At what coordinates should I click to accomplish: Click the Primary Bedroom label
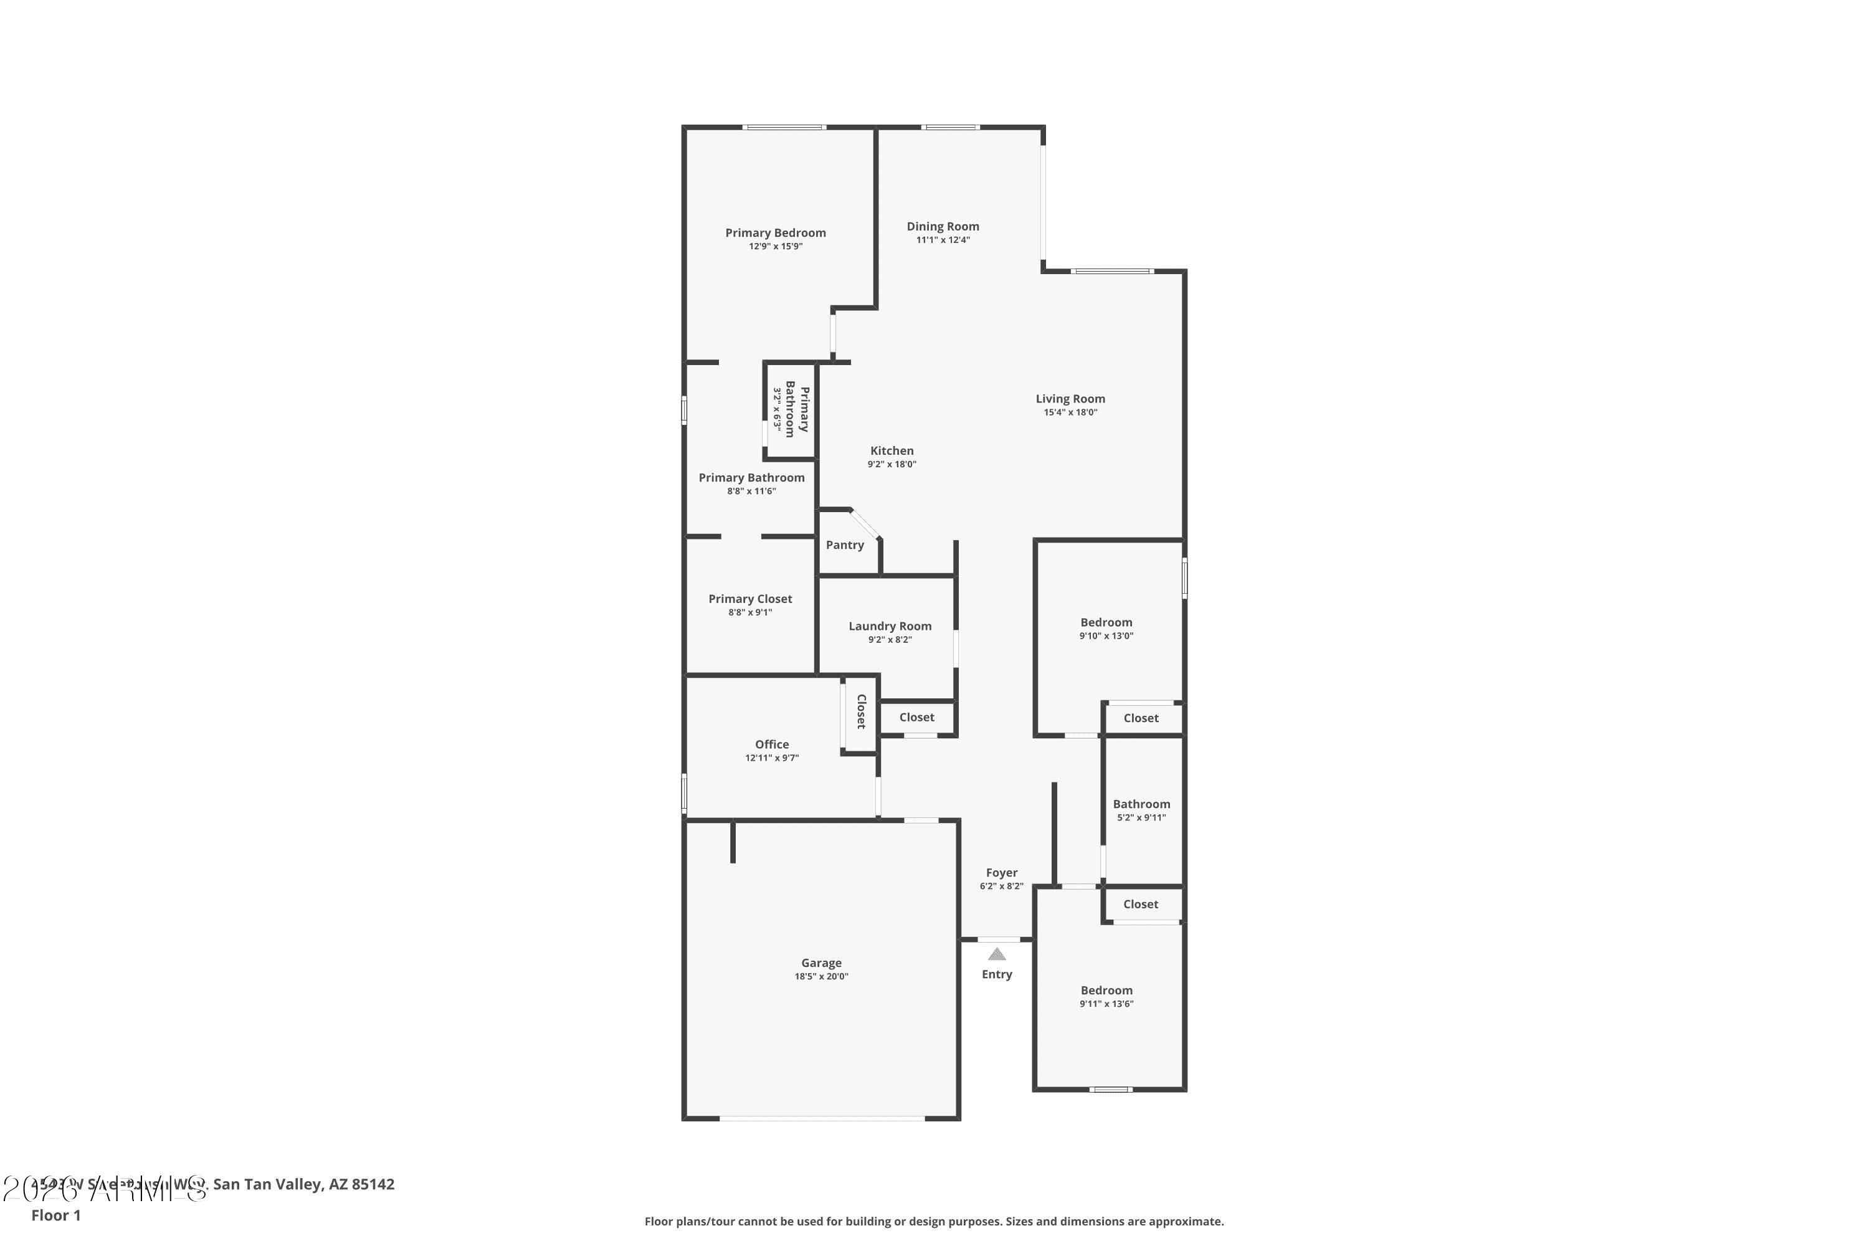pos(775,233)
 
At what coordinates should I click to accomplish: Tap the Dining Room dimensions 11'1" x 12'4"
pos(943,240)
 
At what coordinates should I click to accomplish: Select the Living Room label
pos(1070,399)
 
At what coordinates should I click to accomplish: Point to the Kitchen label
pos(892,450)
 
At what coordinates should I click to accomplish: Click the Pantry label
pos(844,545)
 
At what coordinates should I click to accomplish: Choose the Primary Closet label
pos(749,599)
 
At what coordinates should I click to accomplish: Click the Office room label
pos(772,744)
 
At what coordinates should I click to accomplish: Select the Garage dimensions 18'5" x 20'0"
pos(821,977)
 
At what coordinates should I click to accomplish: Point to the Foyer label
pos(1001,873)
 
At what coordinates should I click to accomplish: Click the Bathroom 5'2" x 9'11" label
pos(1141,804)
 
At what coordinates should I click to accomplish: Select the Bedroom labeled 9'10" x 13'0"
pos(1106,622)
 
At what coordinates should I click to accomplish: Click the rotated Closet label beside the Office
pos(860,711)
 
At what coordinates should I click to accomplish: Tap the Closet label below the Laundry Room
pos(916,718)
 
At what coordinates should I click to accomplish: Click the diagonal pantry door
pos(865,525)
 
